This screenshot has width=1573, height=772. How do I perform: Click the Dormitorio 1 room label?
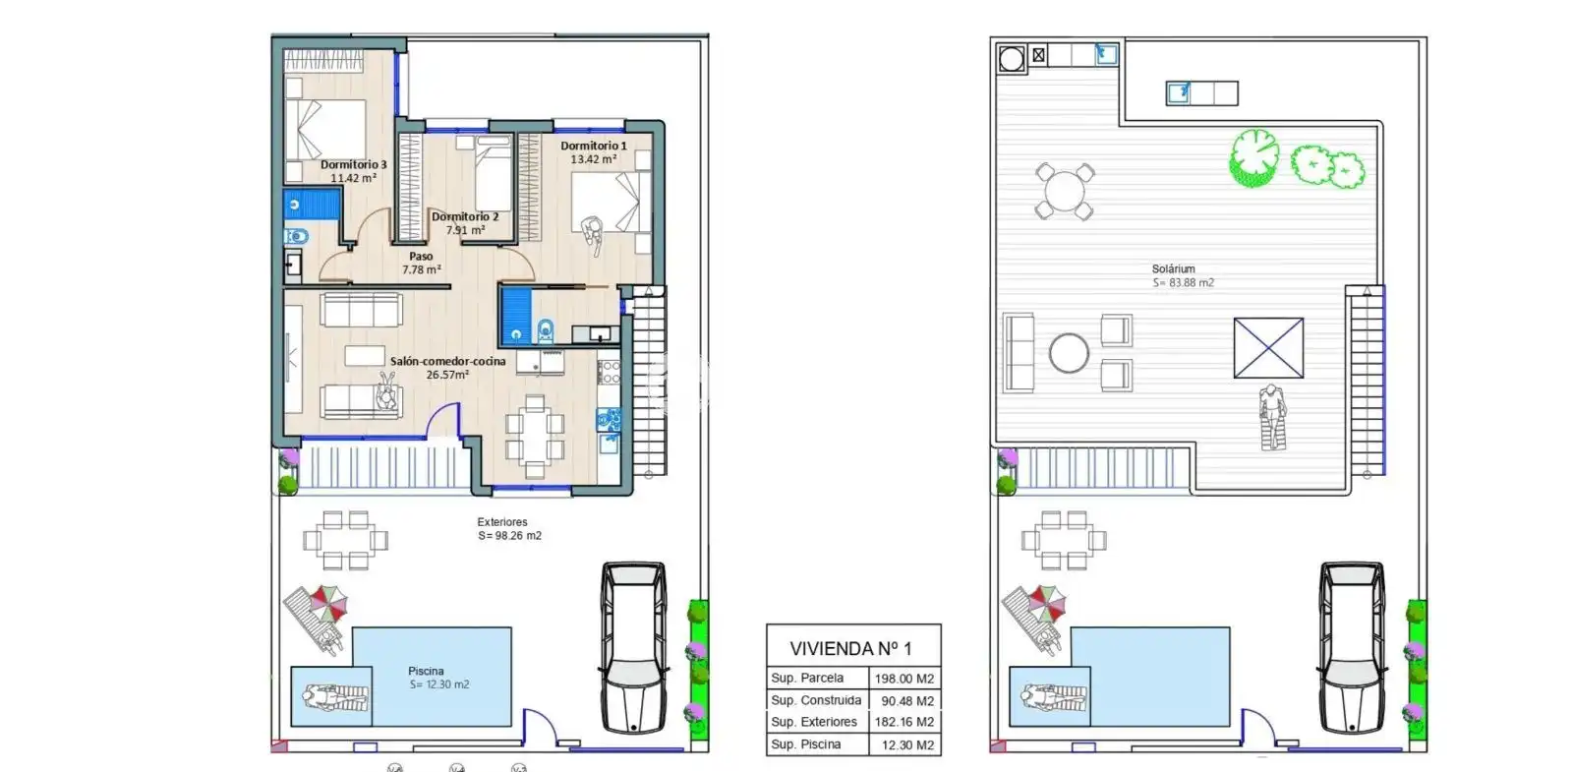(x=594, y=146)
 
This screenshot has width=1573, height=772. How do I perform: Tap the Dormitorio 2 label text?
(x=465, y=216)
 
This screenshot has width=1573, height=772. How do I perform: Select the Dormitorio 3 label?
(x=353, y=164)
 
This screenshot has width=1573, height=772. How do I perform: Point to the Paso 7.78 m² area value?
(x=422, y=269)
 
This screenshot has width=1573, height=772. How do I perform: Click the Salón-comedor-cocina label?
(x=448, y=361)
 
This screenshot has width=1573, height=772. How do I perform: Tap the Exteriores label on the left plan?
(x=502, y=522)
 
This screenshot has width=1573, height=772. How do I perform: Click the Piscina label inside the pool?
(x=426, y=671)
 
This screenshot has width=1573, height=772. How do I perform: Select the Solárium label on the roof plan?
(x=1174, y=268)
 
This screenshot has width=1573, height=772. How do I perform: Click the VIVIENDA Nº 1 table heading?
(x=851, y=648)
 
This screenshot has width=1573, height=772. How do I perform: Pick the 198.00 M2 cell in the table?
(x=904, y=679)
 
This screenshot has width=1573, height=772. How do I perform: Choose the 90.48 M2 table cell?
(x=908, y=701)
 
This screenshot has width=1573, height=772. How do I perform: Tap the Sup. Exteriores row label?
(x=814, y=722)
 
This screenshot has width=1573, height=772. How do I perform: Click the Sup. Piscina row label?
(x=805, y=743)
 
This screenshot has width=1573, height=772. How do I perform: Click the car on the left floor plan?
(x=633, y=647)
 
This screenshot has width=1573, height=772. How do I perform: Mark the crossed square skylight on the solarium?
(x=1268, y=348)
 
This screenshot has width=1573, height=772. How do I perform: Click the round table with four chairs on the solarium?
(x=1065, y=191)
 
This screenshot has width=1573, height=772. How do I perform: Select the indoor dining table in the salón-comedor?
(x=535, y=436)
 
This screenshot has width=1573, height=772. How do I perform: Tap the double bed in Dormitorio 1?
(x=611, y=203)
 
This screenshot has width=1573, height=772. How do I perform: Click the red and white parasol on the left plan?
(x=329, y=603)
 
